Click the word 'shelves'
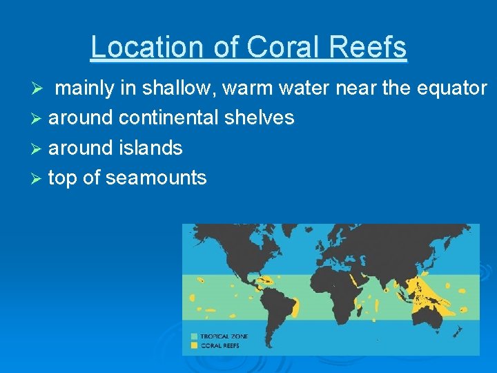[260, 118]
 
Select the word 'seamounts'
[156, 178]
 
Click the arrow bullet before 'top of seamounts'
[39, 178]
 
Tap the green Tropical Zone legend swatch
[195, 336]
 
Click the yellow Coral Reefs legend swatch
[195, 344]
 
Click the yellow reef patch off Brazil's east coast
[295, 307]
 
